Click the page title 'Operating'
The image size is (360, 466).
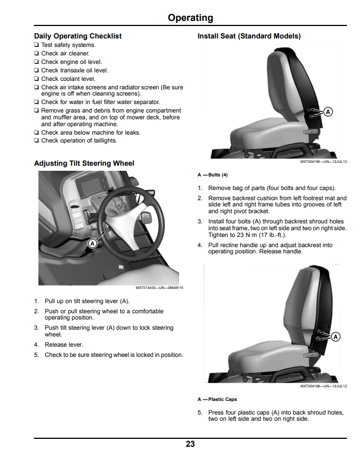(x=190, y=18)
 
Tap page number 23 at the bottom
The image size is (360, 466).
(x=190, y=444)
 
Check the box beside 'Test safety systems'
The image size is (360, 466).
(x=36, y=45)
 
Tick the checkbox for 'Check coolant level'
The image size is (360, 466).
(x=36, y=79)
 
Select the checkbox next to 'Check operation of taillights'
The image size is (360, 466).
(x=36, y=140)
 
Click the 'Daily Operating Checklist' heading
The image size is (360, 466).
(x=78, y=36)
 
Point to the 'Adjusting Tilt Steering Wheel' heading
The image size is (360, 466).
(x=84, y=163)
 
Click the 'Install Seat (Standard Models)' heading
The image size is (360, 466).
(x=249, y=36)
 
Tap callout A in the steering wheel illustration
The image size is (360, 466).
(x=92, y=244)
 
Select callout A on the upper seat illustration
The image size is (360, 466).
(x=328, y=112)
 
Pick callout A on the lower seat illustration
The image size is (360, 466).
(x=336, y=336)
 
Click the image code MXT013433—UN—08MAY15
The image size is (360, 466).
(x=159, y=288)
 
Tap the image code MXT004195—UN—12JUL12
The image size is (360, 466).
(x=324, y=162)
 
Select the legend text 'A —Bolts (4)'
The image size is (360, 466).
(x=212, y=175)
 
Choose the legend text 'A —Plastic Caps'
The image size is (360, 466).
(x=217, y=399)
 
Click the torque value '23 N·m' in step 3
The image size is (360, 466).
(x=244, y=235)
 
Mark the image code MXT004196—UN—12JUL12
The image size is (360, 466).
(x=324, y=386)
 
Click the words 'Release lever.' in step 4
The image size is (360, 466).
(x=64, y=345)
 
